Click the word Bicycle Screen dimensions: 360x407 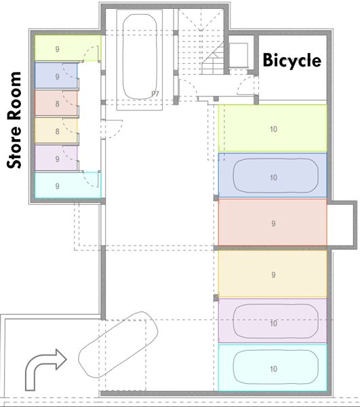[292, 61]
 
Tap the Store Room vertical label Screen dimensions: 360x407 [14, 120]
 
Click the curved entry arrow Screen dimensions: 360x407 [45, 369]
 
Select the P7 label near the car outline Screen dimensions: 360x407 [155, 94]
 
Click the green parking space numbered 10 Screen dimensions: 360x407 [273, 128]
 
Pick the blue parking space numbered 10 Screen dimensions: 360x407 [273, 176]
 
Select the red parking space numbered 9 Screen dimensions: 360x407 [273, 222]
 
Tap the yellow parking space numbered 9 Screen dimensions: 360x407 [273, 273]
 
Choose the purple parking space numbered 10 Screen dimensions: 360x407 [273, 321]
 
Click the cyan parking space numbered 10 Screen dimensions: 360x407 [273, 368]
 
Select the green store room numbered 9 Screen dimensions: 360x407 [67, 48]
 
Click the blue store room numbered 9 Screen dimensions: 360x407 [56, 76]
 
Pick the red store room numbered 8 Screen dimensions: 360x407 [56, 103]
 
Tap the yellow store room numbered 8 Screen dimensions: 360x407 [56, 130]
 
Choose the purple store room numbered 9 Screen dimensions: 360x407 [56, 158]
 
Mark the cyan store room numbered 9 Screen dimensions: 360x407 [67, 185]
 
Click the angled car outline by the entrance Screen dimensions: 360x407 [118, 345]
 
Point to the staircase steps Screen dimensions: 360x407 [201, 52]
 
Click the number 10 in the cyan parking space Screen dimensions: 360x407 [273, 369]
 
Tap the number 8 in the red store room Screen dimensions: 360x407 [58, 104]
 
